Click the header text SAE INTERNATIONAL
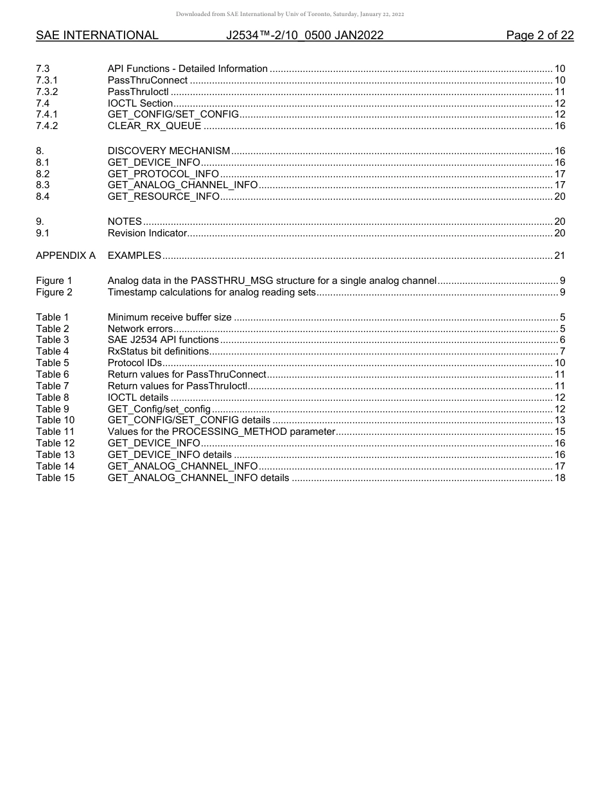point(97,36)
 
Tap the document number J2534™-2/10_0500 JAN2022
point(304,36)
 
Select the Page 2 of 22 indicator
point(539,36)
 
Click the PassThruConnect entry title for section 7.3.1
point(148,80)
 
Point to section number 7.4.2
point(47,126)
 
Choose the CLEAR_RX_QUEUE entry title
point(154,126)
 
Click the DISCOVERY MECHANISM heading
point(169,151)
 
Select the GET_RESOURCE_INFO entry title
point(163,197)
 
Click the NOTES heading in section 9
point(125,222)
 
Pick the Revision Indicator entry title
point(147,233)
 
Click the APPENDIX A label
point(65,256)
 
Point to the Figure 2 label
point(54,292)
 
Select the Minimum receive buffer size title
point(170,317)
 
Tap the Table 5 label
point(53,363)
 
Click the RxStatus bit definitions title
point(159,351)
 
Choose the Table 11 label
point(55,432)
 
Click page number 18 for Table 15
point(559,478)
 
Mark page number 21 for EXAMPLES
point(559,256)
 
